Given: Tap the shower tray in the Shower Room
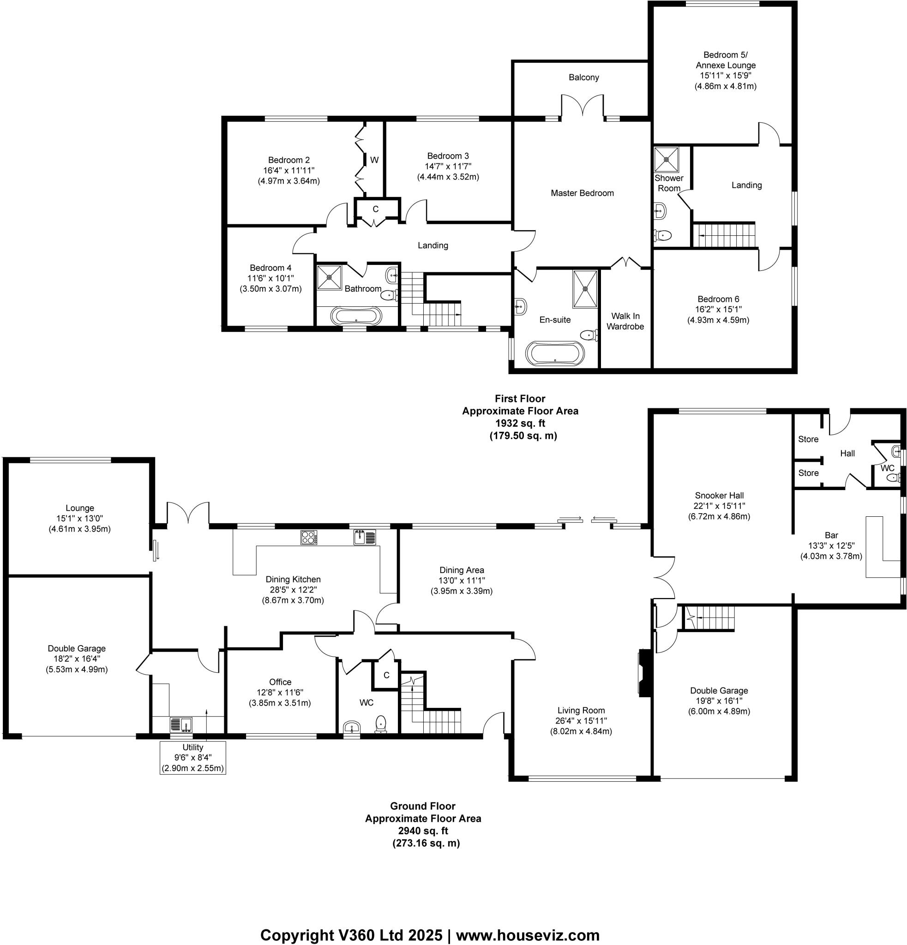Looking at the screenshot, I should point(667,159).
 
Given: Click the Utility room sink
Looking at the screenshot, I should point(181,724).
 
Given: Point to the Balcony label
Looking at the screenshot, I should point(583,77).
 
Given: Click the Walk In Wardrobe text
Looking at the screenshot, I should point(625,321).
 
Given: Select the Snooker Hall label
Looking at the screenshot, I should point(719,495).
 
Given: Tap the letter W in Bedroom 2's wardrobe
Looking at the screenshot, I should point(374,160).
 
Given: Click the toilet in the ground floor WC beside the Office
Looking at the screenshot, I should point(380,723).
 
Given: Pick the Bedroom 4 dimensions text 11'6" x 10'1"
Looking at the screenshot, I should point(270,278).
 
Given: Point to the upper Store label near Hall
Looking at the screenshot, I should point(808,439).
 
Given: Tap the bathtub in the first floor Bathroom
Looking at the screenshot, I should point(356,316).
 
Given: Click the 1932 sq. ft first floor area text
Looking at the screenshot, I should point(520,423).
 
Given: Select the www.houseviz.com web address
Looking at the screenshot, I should point(528,922).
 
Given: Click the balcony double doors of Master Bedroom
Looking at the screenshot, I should point(583,106).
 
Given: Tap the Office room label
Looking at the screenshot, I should point(280,682).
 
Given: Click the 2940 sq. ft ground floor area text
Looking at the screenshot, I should point(422,831).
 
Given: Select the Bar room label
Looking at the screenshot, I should point(831,535).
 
